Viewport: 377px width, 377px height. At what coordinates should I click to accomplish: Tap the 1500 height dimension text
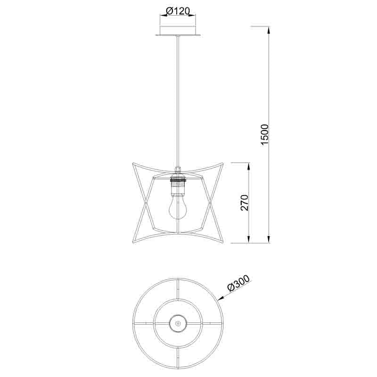tap(264, 135)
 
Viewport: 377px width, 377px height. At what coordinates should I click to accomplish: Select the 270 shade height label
tap(244, 203)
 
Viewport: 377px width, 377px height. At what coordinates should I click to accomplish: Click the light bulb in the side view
tap(177, 207)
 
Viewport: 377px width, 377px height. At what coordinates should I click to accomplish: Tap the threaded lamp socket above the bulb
tap(178, 186)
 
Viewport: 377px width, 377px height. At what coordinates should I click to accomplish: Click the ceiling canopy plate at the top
tap(178, 35)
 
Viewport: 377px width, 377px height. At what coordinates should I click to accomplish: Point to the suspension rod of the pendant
tap(178, 101)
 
